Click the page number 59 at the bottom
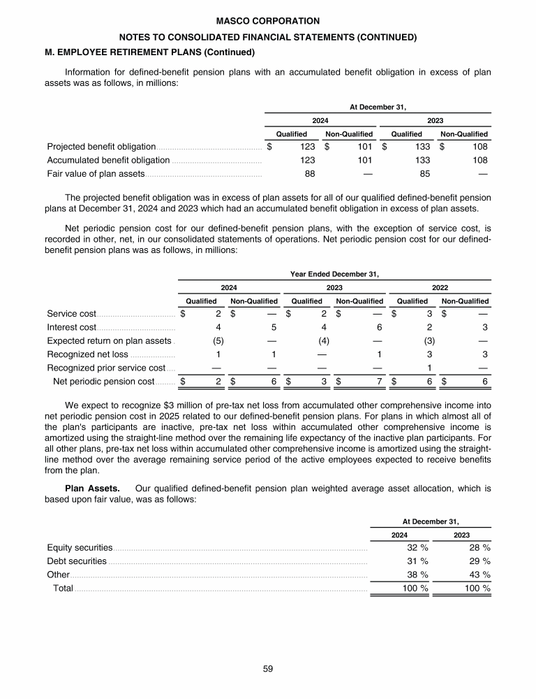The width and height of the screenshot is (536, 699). click(268, 669)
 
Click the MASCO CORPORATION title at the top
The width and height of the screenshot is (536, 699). click(268, 21)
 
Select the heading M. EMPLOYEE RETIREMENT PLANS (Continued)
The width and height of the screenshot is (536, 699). click(150, 52)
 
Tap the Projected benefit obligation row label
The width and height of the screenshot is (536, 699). click(101, 147)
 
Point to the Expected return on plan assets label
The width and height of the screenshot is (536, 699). click(109, 341)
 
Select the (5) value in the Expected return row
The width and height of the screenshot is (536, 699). click(217, 341)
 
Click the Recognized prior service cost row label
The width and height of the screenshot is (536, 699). click(106, 368)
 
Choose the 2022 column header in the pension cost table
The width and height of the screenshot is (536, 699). click(440, 287)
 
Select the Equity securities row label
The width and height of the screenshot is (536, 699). click(80, 547)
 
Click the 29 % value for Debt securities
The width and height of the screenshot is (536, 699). click(479, 561)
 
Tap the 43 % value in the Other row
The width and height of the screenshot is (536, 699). click(479, 575)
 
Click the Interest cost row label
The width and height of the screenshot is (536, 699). click(71, 327)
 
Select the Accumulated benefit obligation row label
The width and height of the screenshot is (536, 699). click(108, 160)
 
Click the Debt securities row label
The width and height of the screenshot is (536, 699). click(77, 561)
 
